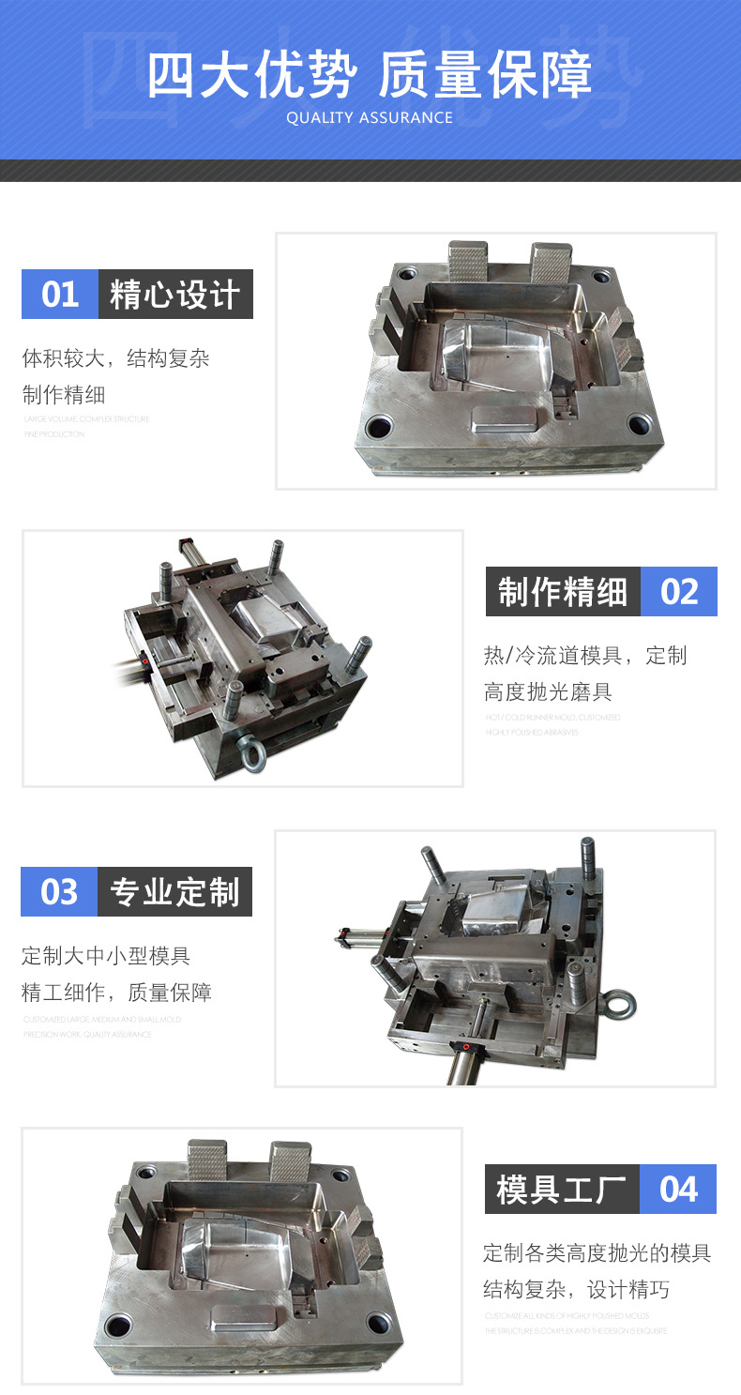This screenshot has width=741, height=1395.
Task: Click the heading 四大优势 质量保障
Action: coord(370,75)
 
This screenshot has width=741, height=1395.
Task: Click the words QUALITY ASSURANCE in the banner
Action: coord(370,118)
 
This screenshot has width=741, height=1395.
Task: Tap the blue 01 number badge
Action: coord(60,295)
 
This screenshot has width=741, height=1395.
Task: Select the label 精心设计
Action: coord(175,295)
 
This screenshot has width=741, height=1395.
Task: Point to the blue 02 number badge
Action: coord(679,592)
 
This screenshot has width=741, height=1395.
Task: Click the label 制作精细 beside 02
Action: coord(563,592)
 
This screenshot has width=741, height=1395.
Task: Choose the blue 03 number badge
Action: coord(59,891)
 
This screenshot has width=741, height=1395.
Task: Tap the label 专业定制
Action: coord(175,891)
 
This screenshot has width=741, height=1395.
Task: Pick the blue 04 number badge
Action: coord(678,1190)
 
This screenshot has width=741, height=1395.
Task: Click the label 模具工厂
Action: coord(562,1190)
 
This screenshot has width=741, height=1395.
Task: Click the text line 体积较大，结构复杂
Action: coord(116,358)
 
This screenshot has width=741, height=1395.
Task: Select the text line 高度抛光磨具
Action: coord(548,692)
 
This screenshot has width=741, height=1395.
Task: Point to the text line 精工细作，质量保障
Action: coord(116,993)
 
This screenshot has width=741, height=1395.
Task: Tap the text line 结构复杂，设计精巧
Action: coord(577,1290)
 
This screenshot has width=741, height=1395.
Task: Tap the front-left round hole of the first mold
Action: coord(382,427)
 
